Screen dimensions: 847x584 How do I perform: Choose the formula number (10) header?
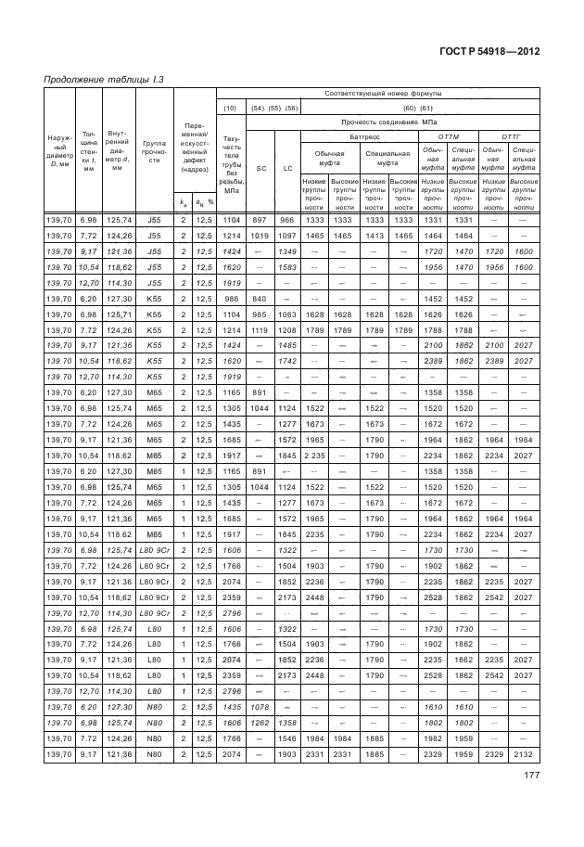click(232, 108)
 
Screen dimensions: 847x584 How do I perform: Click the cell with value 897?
click(260, 220)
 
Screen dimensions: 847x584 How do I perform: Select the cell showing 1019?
click(260, 237)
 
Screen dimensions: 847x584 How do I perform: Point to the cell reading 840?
click(260, 299)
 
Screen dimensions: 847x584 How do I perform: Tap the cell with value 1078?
click(260, 706)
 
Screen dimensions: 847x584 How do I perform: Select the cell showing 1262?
click(260, 722)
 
